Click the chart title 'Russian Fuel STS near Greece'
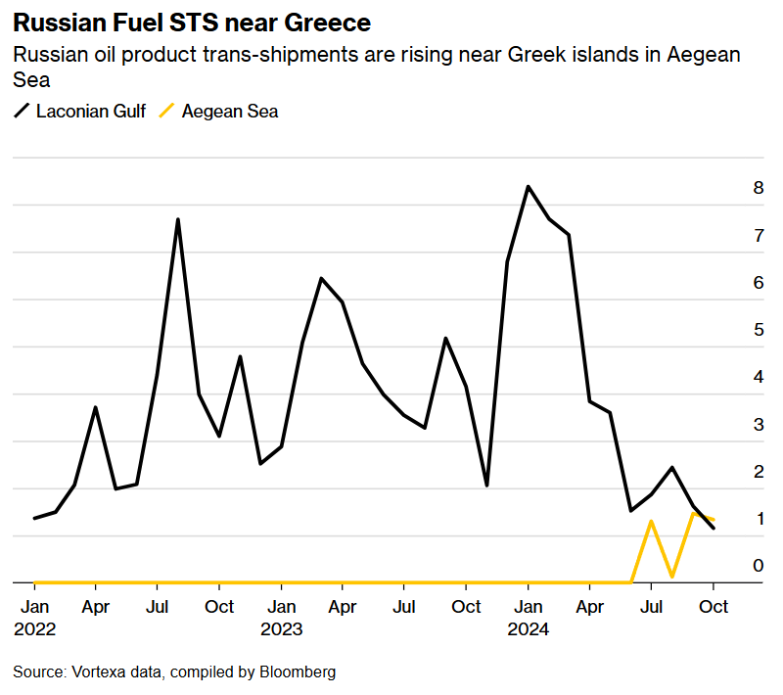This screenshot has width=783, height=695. [x=192, y=22]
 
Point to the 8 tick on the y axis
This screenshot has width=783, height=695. [x=758, y=188]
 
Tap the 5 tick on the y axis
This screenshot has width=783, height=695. [x=758, y=330]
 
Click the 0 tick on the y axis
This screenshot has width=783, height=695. [x=758, y=566]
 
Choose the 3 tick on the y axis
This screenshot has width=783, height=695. [x=758, y=424]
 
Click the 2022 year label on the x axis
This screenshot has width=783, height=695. [x=34, y=629]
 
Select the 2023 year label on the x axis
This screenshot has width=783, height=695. [x=281, y=629]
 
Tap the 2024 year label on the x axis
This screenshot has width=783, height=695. [x=528, y=629]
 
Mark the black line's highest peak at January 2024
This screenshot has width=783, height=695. [x=528, y=186]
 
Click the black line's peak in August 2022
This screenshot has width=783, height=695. [x=178, y=219]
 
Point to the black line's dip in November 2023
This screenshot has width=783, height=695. [x=486, y=486]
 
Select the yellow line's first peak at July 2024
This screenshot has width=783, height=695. [x=651, y=521]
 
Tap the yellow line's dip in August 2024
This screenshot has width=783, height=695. [x=671, y=578]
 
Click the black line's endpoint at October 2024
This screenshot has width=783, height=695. [x=714, y=529]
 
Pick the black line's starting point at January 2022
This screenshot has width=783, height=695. [x=34, y=519]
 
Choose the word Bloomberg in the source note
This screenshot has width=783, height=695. [x=298, y=672]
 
